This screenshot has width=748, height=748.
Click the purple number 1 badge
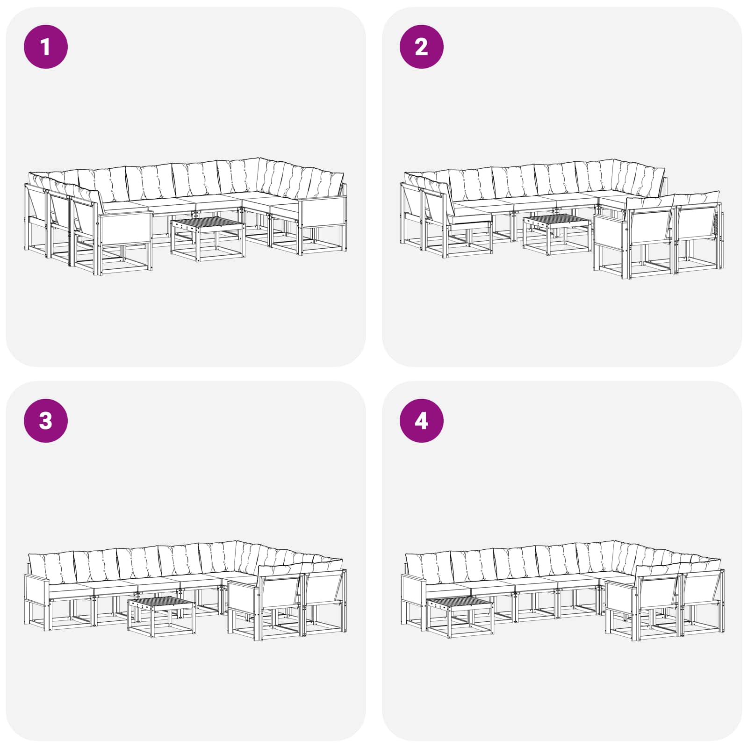(x=46, y=47)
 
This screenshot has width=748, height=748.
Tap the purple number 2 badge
(x=421, y=47)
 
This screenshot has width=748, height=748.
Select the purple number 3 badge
(x=46, y=420)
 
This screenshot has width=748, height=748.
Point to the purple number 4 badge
(x=421, y=420)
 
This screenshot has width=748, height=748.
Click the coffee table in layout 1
(x=208, y=238)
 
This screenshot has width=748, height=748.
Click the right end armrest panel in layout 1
(x=323, y=213)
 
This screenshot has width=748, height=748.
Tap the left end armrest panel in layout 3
(x=36, y=590)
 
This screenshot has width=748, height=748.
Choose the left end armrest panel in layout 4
(x=413, y=590)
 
